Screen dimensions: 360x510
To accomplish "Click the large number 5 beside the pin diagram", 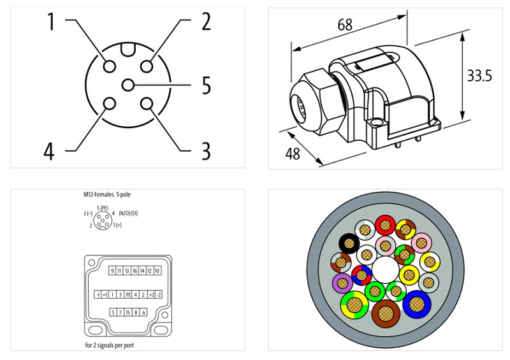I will [206, 85].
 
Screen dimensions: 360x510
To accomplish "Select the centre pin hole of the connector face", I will [128, 85].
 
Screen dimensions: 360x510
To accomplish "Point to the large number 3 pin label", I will [206, 151].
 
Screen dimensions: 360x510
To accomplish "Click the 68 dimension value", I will [345, 25].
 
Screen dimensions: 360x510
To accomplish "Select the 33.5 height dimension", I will [479, 76].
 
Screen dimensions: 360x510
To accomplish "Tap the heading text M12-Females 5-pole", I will [112, 194].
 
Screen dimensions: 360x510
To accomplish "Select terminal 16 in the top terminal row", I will [135, 271].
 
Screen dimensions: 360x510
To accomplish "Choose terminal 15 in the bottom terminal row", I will [127, 312].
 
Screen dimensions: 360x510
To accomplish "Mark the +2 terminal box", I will [151, 294].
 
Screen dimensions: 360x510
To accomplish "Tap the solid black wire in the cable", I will [348, 243].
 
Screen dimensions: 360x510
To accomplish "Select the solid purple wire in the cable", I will [343, 282].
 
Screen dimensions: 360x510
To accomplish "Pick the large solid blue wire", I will [416, 303].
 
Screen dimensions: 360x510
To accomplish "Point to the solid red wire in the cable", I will [384, 225].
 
